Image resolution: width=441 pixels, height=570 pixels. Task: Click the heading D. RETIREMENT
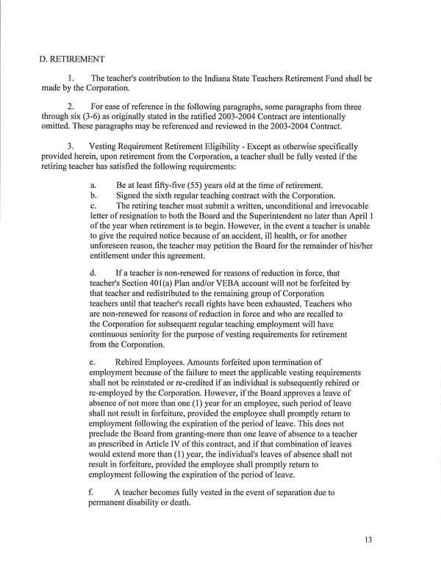pos(72,58)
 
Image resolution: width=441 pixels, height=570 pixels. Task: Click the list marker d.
pos(92,273)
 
